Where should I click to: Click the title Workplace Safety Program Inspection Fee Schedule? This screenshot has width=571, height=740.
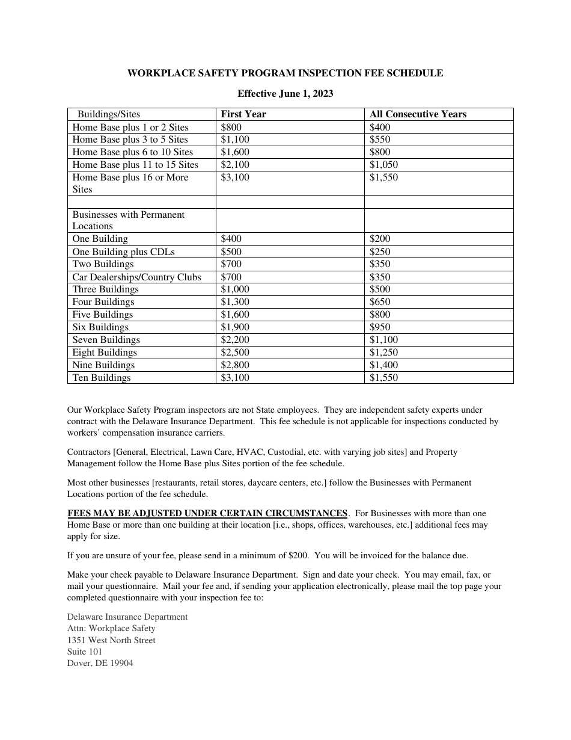285,73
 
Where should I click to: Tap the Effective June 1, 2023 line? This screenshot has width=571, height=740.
285,94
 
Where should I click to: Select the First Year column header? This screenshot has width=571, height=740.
243,114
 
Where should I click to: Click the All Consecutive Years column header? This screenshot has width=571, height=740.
418,114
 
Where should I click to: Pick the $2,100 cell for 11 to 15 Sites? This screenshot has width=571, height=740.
235,165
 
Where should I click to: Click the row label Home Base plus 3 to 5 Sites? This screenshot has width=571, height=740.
130,140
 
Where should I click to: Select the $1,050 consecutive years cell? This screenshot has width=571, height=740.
383,165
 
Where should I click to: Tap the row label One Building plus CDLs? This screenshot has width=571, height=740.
124,252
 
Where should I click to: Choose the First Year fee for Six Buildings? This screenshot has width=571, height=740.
235,327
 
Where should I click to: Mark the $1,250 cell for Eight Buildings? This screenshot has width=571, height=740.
383,353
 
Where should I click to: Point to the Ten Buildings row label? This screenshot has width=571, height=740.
102,378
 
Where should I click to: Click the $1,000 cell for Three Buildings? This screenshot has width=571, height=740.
235,289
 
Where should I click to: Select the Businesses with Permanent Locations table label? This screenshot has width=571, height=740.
129,220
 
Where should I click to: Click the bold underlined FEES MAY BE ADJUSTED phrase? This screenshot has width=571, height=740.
207,513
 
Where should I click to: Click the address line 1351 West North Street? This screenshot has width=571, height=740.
111,640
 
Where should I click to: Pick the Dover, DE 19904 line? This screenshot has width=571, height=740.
100,663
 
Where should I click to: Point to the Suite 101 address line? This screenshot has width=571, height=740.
85,652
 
